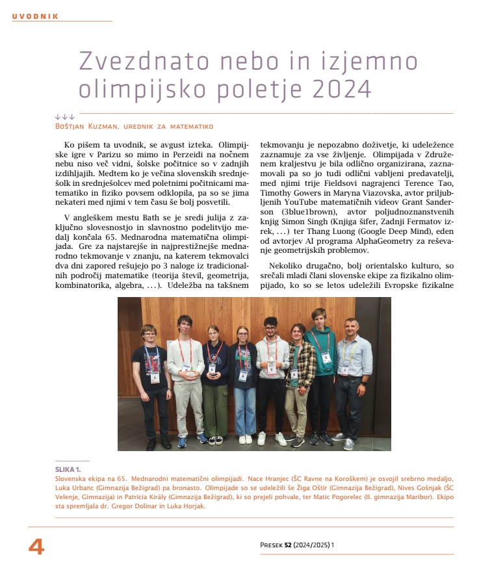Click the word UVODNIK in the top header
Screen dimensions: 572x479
35,16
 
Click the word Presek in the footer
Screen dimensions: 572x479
270,545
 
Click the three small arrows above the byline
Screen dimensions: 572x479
65,117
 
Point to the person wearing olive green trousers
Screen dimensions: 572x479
214,390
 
